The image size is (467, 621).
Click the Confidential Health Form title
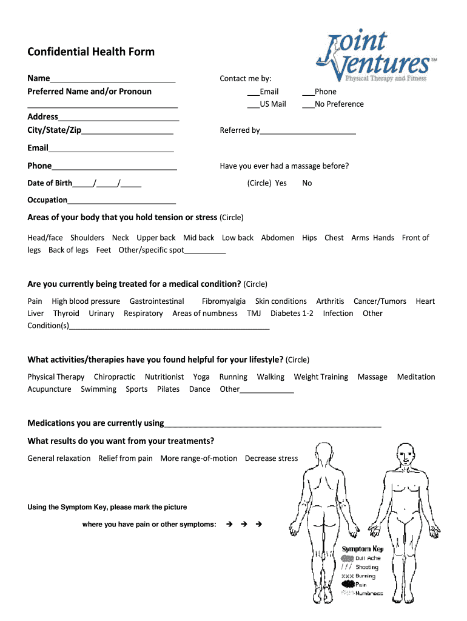(91, 52)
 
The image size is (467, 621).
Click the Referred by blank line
(307, 131)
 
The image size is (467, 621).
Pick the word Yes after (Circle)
(281, 183)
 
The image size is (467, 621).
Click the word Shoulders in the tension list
(87, 238)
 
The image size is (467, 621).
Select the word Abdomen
(278, 238)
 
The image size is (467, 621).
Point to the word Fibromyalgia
(224, 301)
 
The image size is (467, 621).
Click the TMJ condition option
(254, 314)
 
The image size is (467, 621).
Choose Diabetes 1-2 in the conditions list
(292, 314)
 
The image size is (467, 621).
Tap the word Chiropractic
(115, 377)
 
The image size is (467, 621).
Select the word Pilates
(168, 389)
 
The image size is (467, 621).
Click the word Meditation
(416, 377)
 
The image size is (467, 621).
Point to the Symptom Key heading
(363, 549)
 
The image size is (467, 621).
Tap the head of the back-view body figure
(324, 453)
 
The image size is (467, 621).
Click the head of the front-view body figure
(405, 453)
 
